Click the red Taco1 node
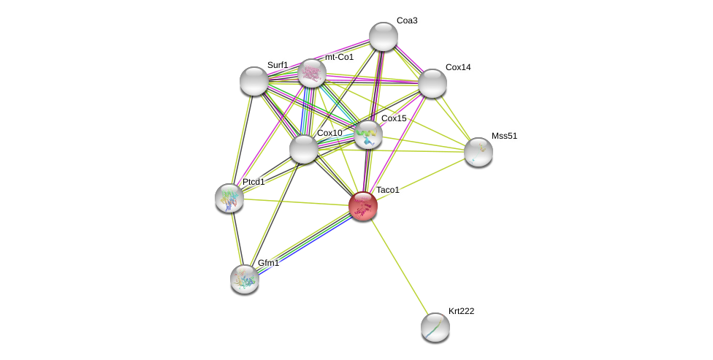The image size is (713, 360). pos(362,206)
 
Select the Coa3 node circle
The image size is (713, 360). pos(384,37)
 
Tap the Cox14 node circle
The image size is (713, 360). pos(432,83)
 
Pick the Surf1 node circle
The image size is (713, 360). pos(254,81)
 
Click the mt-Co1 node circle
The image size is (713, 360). pos(312,73)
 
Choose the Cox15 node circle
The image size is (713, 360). pos(368,134)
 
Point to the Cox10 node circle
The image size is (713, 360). pos(304,149)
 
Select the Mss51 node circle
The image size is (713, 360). pos(478,152)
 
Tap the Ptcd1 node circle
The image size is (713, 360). pos(229,198)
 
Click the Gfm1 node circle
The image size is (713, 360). pos(245,279)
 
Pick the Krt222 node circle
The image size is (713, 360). pos(435,327)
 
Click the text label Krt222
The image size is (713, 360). pos(461,311)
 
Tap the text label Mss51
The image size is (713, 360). pos(504,136)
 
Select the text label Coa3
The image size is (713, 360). pos(406,20)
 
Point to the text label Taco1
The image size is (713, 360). pos(388,190)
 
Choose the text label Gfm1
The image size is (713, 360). pos(268,263)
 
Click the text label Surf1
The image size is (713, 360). pos(278,65)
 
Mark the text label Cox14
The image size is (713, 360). pos(459,67)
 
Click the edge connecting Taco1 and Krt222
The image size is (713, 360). pos(400,267)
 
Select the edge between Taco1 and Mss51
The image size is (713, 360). pos(421,179)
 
